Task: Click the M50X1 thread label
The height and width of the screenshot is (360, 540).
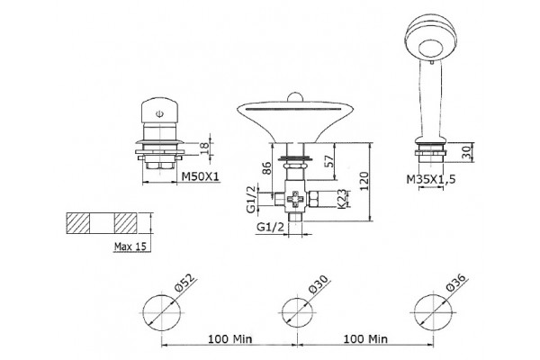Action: coord(200,176)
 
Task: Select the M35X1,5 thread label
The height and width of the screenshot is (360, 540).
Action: coord(431,179)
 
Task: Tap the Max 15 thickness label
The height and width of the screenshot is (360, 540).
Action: coord(130,247)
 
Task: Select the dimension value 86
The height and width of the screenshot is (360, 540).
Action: coord(267,167)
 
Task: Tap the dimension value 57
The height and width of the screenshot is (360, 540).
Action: coord(328,161)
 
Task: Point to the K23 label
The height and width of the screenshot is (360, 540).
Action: coord(341,199)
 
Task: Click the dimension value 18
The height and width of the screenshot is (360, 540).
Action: coord(204,148)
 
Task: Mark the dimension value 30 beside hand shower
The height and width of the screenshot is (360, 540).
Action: coord(465,152)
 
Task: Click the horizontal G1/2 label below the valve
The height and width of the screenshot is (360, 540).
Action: coord(271,227)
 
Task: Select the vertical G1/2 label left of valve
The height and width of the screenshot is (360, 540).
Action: coord(252,199)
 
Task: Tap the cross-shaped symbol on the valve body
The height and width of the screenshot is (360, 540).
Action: coord(296,199)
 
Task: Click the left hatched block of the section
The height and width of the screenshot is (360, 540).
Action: coord(78,223)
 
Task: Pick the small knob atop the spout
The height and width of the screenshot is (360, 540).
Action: coord(295,96)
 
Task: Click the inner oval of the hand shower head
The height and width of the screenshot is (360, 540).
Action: coord(430,49)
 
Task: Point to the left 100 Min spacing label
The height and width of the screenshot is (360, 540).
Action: coord(229,339)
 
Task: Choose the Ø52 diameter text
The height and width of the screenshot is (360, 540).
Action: coord(184,283)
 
